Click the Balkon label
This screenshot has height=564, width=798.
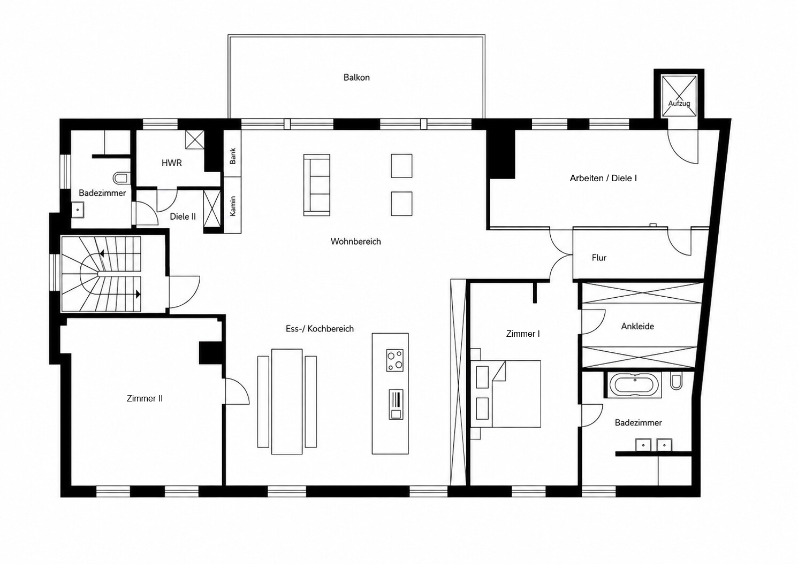356,78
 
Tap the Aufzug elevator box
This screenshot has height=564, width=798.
679,96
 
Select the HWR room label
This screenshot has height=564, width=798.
172,163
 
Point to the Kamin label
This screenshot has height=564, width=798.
233,206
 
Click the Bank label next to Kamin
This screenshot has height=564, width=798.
233,156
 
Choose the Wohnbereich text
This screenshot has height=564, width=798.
355,242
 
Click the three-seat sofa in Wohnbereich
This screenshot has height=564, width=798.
317,184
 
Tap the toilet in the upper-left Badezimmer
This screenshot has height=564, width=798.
120,177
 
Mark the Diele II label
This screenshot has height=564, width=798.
183,217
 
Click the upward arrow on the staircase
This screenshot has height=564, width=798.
102,254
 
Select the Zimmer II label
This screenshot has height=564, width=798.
145,398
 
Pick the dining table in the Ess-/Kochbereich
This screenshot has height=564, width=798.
287,401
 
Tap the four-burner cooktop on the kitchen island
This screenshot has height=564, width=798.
395,360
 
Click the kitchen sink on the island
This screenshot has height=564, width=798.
396,405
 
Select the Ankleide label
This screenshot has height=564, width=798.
637,326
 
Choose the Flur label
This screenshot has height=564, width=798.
599,258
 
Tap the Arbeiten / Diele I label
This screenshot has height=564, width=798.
603,178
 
